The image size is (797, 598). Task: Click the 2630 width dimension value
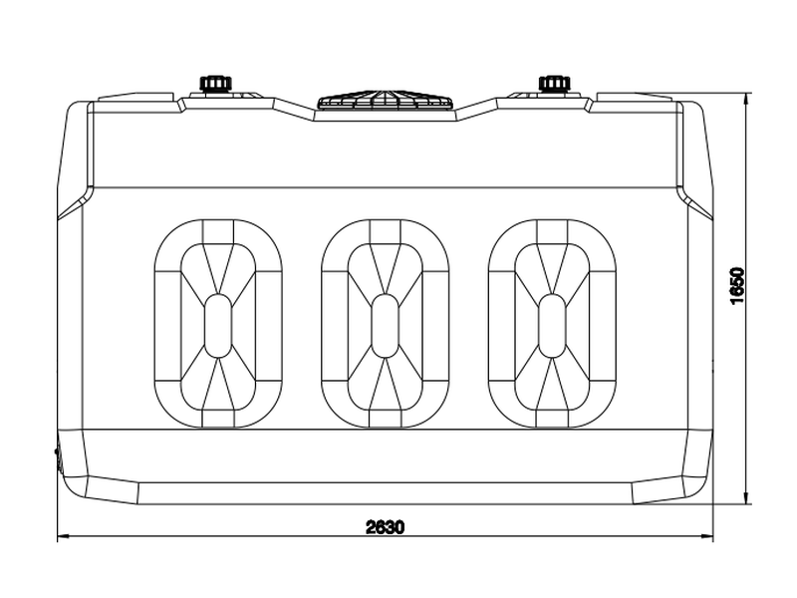386,527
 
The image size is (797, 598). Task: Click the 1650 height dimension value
737,286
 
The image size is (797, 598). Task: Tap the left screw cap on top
215,84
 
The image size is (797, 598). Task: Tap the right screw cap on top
555,84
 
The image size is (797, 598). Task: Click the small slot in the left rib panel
217,326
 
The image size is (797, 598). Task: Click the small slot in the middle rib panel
385,326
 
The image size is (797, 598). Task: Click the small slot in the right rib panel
552,326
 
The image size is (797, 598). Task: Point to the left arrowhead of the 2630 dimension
63,535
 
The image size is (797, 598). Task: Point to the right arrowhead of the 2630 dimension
707,535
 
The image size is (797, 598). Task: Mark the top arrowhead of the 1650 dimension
745,99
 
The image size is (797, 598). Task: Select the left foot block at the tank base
113,490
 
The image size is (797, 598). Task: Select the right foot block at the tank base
659,490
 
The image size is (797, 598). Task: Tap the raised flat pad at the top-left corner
135,97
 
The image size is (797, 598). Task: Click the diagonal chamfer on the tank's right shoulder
695,202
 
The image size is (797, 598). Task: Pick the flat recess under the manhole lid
386,116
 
